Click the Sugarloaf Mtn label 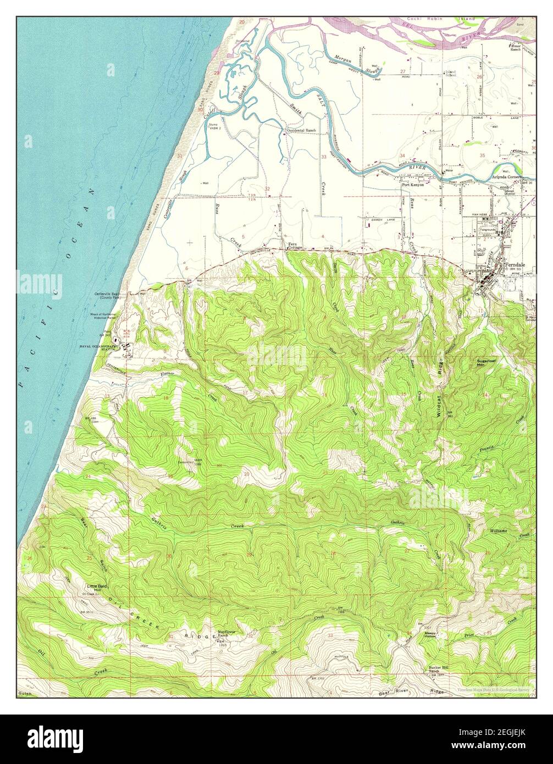488,362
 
